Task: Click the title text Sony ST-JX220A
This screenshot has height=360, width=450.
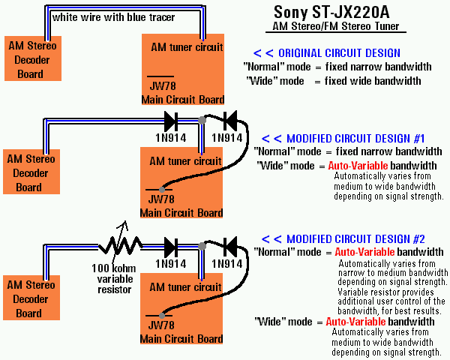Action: [x=331, y=12]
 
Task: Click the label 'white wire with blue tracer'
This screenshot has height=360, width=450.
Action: [x=114, y=17]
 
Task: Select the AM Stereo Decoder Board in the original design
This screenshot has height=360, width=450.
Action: [x=33, y=58]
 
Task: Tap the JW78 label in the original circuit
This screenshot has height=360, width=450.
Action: [x=163, y=85]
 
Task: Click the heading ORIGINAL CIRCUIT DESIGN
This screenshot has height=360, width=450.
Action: [x=327, y=53]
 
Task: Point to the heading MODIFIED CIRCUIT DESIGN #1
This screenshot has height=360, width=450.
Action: [x=343, y=139]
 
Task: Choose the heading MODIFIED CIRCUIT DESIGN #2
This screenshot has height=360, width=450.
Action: [x=343, y=239]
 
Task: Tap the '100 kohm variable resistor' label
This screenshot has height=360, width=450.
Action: [x=114, y=279]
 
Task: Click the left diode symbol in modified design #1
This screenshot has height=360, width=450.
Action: [x=171, y=121]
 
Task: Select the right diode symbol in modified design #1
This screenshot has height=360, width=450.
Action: [x=230, y=121]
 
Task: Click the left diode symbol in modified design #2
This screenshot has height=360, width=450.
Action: [x=171, y=247]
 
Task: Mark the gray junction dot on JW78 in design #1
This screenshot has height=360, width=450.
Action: [x=162, y=190]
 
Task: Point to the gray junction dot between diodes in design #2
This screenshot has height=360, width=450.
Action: [x=202, y=246]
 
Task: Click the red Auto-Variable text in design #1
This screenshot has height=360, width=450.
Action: [x=358, y=166]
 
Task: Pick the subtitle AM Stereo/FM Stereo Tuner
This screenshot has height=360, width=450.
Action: [x=335, y=26]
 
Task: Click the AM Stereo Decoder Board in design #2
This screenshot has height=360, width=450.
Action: [x=31, y=298]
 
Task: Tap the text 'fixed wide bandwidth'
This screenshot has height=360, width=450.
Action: [x=373, y=81]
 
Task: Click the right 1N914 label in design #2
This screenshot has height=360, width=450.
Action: [x=227, y=264]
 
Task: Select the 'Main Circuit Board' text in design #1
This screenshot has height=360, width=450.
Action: [x=181, y=213]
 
